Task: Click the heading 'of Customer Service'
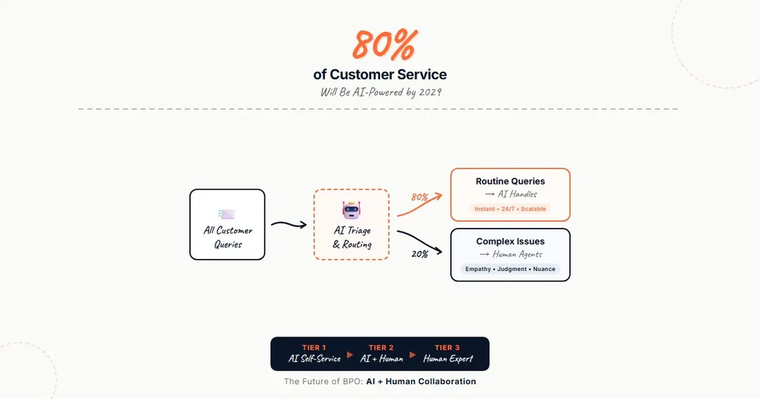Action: click(x=380, y=74)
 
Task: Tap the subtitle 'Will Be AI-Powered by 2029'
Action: click(x=380, y=92)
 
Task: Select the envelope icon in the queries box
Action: click(x=227, y=214)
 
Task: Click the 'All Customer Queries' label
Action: click(x=227, y=237)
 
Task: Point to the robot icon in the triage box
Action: click(x=351, y=211)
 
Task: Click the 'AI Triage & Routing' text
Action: click(x=351, y=237)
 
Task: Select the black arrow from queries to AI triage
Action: click(x=288, y=224)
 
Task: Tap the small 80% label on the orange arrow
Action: click(x=419, y=197)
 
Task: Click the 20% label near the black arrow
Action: click(x=419, y=254)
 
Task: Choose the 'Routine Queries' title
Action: click(x=510, y=181)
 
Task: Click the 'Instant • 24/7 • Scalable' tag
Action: click(x=510, y=209)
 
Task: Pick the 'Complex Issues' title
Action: click(x=510, y=241)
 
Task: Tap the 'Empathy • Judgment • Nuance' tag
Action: click(x=510, y=269)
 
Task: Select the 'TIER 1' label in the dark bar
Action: click(x=314, y=348)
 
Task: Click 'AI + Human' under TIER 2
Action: click(x=381, y=359)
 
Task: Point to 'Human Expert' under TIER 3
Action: click(x=449, y=359)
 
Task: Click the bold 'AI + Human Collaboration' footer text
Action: click(x=421, y=381)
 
